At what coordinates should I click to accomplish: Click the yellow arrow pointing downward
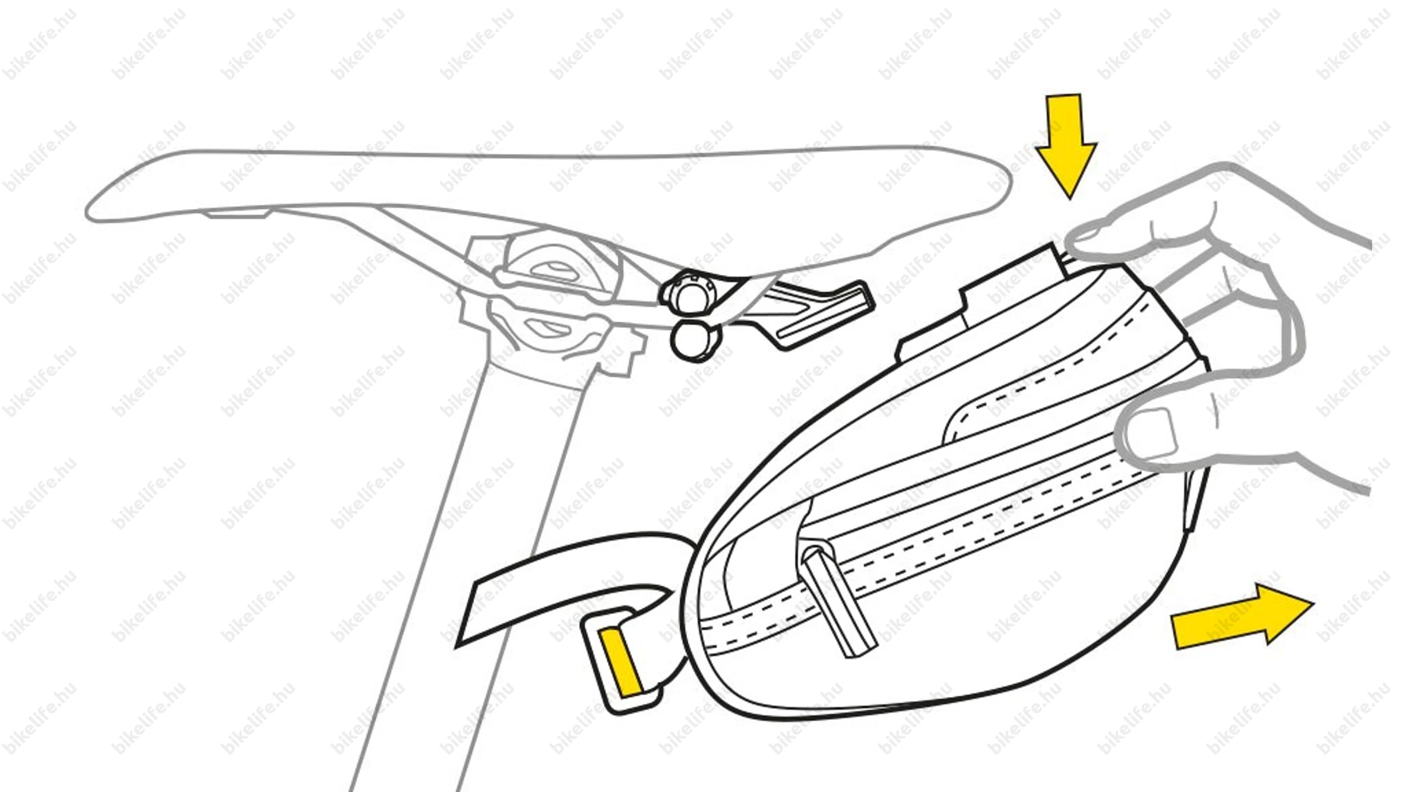tap(1067, 148)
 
